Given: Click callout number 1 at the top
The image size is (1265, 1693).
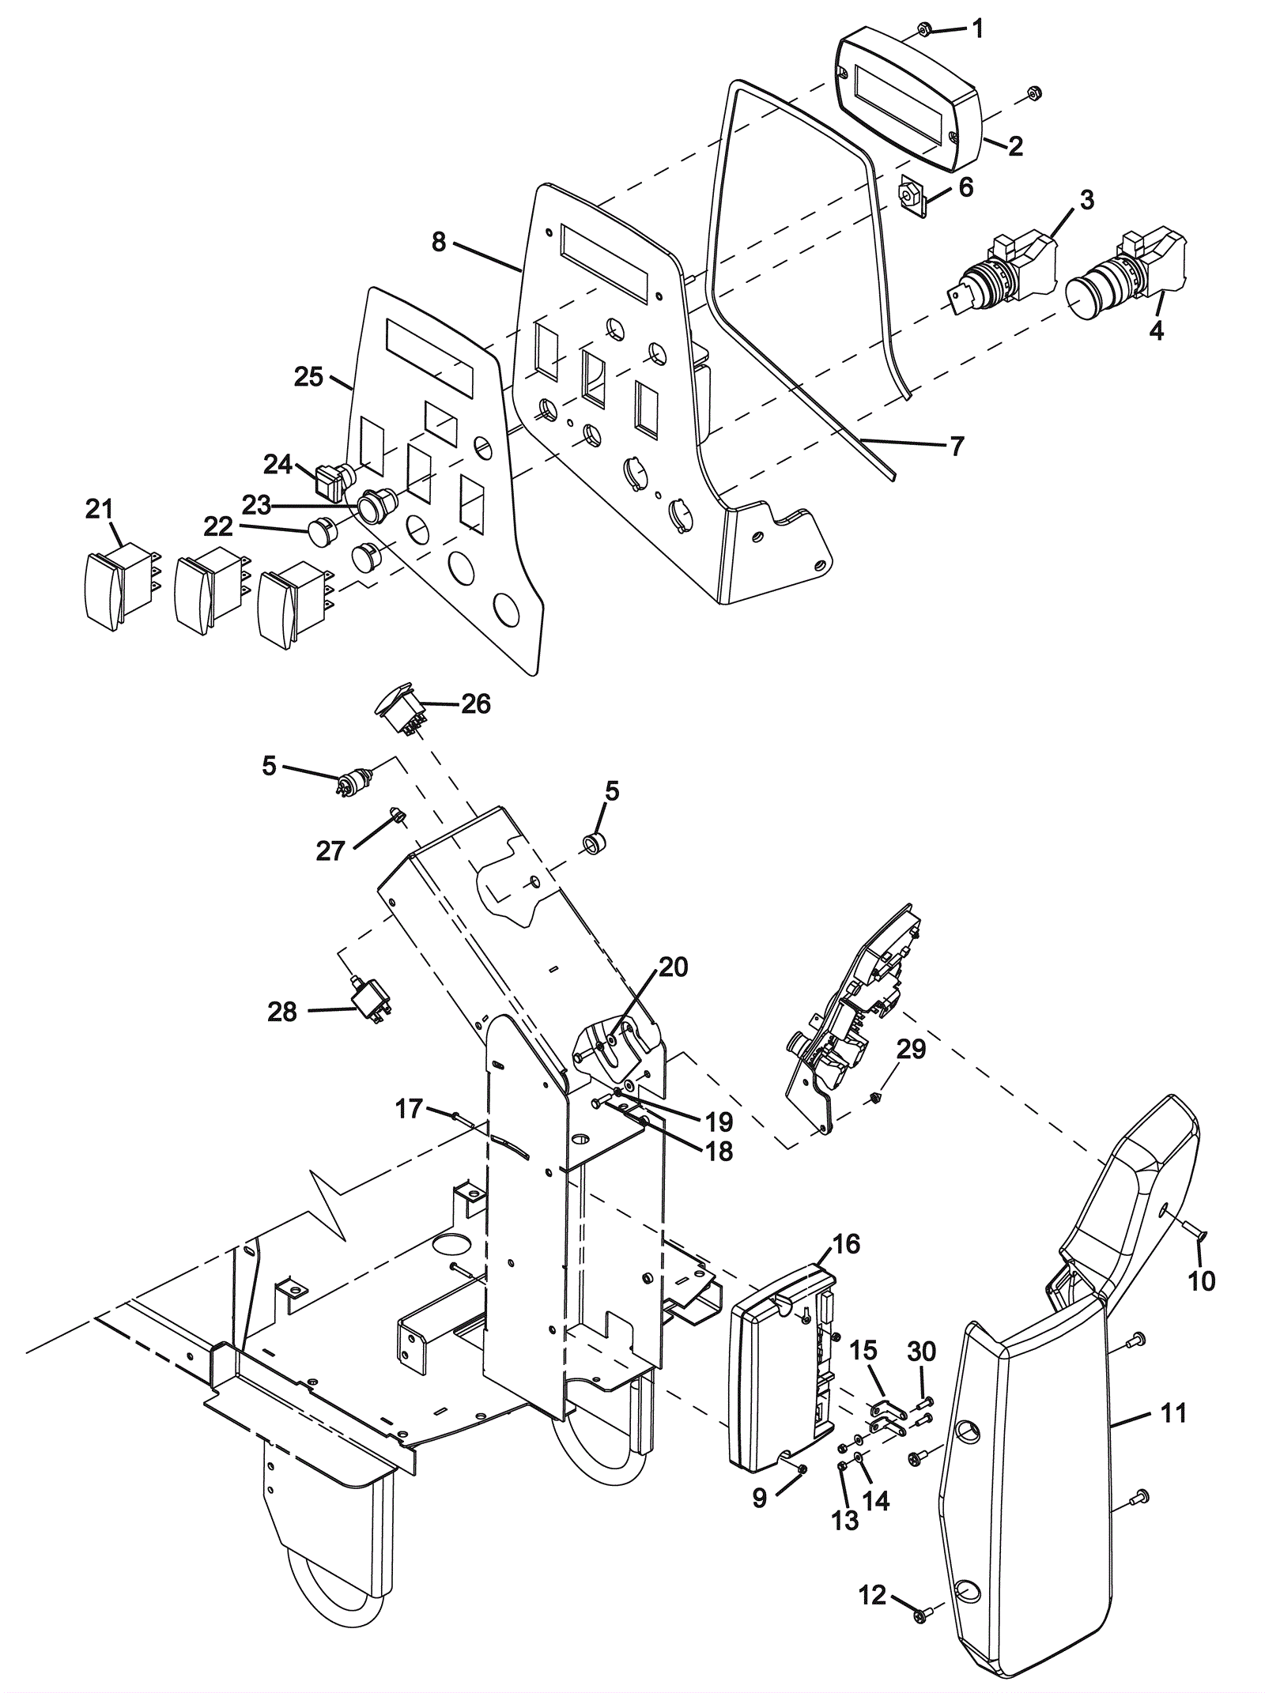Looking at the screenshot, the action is coord(978,29).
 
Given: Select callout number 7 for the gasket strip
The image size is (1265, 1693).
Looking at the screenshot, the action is coord(957,447).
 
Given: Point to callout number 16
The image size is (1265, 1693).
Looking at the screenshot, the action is coord(846,1244).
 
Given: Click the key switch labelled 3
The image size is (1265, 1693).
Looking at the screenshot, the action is coord(1002,268).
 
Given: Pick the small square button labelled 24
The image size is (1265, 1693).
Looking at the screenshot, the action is coord(330,481).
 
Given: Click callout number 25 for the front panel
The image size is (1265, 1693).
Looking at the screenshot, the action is coord(308,377).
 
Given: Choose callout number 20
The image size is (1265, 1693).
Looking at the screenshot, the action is coord(673,967).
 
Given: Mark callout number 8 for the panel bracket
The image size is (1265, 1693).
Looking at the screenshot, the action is coord(439,242).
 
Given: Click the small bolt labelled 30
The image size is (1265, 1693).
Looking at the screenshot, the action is coord(924,1402).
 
